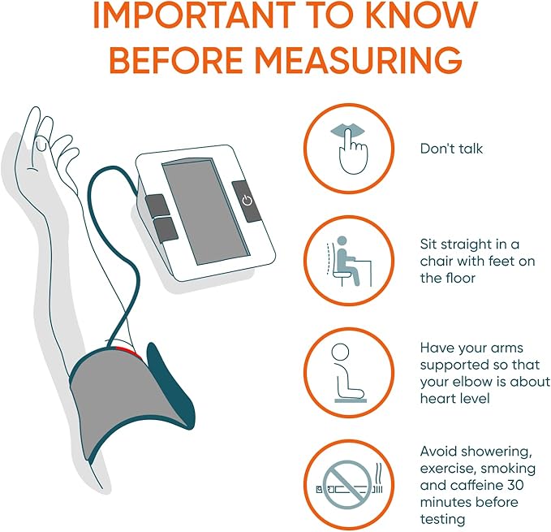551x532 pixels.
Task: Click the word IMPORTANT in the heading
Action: coord(194,15)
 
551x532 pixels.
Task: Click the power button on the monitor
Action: coord(247,201)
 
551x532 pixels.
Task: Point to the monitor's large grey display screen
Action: coord(205,211)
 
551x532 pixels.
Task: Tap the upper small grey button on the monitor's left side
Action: coord(157,205)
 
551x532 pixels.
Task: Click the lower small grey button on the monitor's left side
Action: coord(166,229)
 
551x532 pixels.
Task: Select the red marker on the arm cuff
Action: coord(128,351)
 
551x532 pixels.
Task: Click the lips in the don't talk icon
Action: coord(348,131)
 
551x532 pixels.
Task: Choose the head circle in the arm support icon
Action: coord(340,352)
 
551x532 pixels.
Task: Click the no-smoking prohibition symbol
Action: coord(347,484)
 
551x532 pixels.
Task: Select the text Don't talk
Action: coord(451,149)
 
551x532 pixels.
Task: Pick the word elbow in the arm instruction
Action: coord(484,382)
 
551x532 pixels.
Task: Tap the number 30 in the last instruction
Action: coord(515,485)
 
